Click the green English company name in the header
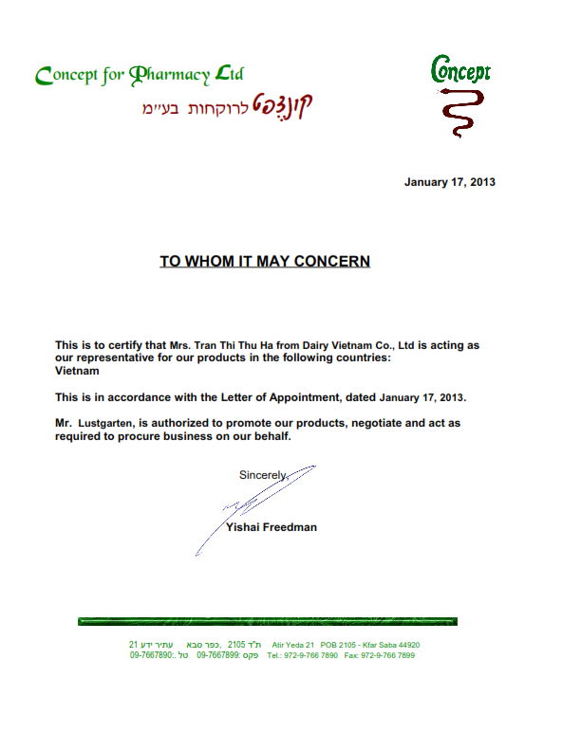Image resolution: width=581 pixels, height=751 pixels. pyautogui.click(x=139, y=74)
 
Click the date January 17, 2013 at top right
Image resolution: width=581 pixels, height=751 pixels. pyautogui.click(x=449, y=181)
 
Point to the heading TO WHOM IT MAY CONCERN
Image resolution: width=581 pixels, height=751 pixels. pyautogui.click(x=264, y=260)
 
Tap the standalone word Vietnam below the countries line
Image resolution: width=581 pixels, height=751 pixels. pyautogui.click(x=77, y=372)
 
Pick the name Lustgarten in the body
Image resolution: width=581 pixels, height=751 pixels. pyautogui.click(x=108, y=423)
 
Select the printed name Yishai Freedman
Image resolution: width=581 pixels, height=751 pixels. pyautogui.click(x=272, y=527)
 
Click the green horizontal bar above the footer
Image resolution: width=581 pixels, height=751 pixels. pyautogui.click(x=267, y=622)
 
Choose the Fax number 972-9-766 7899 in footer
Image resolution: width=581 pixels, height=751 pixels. pyautogui.click(x=389, y=655)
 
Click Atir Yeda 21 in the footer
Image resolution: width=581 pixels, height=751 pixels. pyautogui.click(x=292, y=645)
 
